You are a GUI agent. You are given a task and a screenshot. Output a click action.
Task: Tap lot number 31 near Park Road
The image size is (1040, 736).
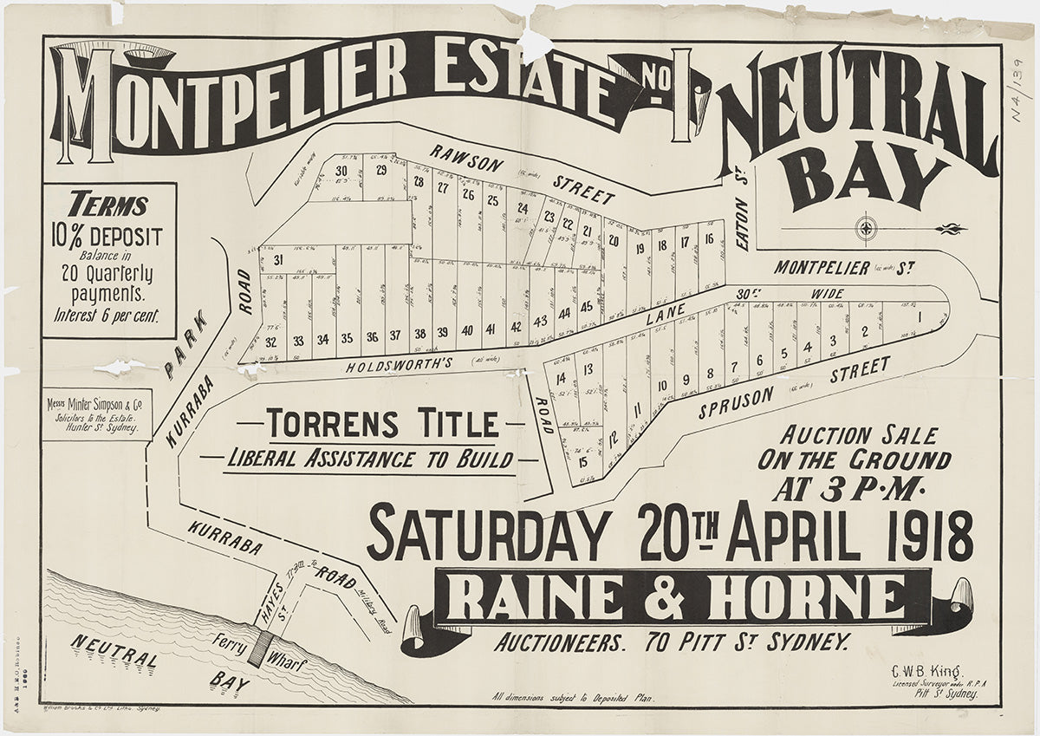click(278, 260)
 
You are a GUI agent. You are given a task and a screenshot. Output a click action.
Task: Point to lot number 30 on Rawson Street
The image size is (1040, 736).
click(341, 170)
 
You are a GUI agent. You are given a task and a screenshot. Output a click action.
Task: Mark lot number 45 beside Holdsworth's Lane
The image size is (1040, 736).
click(587, 308)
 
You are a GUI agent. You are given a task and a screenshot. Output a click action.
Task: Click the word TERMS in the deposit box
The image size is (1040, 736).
click(109, 205)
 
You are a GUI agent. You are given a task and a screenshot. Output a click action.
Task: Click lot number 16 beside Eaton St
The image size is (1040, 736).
click(709, 240)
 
